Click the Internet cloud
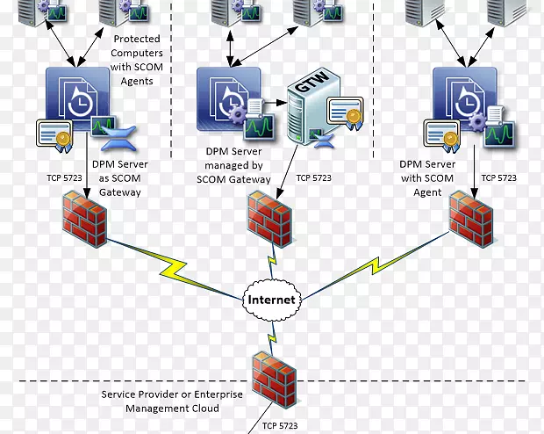click(x=273, y=300)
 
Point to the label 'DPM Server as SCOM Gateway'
click(x=119, y=177)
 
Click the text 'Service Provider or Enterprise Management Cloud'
click(x=172, y=401)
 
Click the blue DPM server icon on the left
click(x=78, y=98)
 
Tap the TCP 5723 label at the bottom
click(x=279, y=426)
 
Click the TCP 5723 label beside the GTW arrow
click(x=314, y=177)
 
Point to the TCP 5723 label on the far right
click(x=499, y=177)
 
